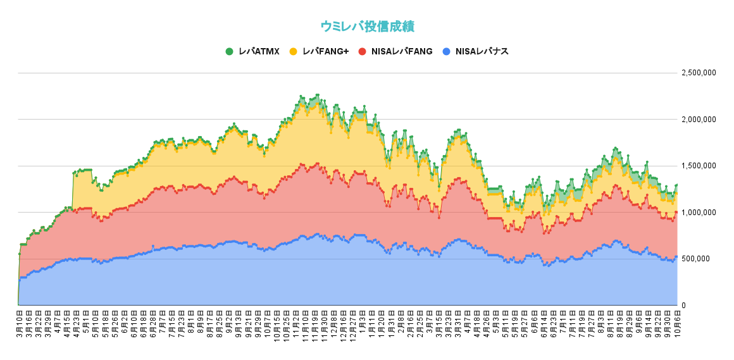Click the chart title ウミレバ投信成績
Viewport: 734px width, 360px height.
click(367, 26)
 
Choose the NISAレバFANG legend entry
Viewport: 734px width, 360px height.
click(395, 51)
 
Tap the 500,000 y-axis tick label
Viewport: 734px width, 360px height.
click(702, 259)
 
